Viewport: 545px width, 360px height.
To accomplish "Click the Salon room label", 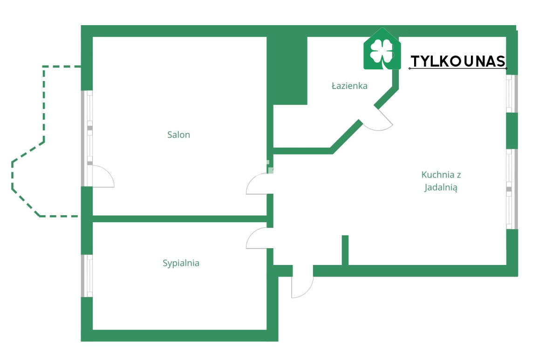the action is click(179, 135).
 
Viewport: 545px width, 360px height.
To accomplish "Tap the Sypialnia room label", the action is click(181, 263).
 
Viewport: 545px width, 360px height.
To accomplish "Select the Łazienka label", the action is click(349, 86).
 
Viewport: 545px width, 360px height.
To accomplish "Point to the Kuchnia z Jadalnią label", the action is click(441, 181).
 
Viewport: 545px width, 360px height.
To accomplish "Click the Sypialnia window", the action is click(87, 276).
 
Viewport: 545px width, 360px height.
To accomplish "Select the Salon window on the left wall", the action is click(87, 139).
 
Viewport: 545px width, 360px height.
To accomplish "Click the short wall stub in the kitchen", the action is click(345, 250).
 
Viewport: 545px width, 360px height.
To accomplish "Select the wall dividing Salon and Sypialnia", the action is click(180, 219).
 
